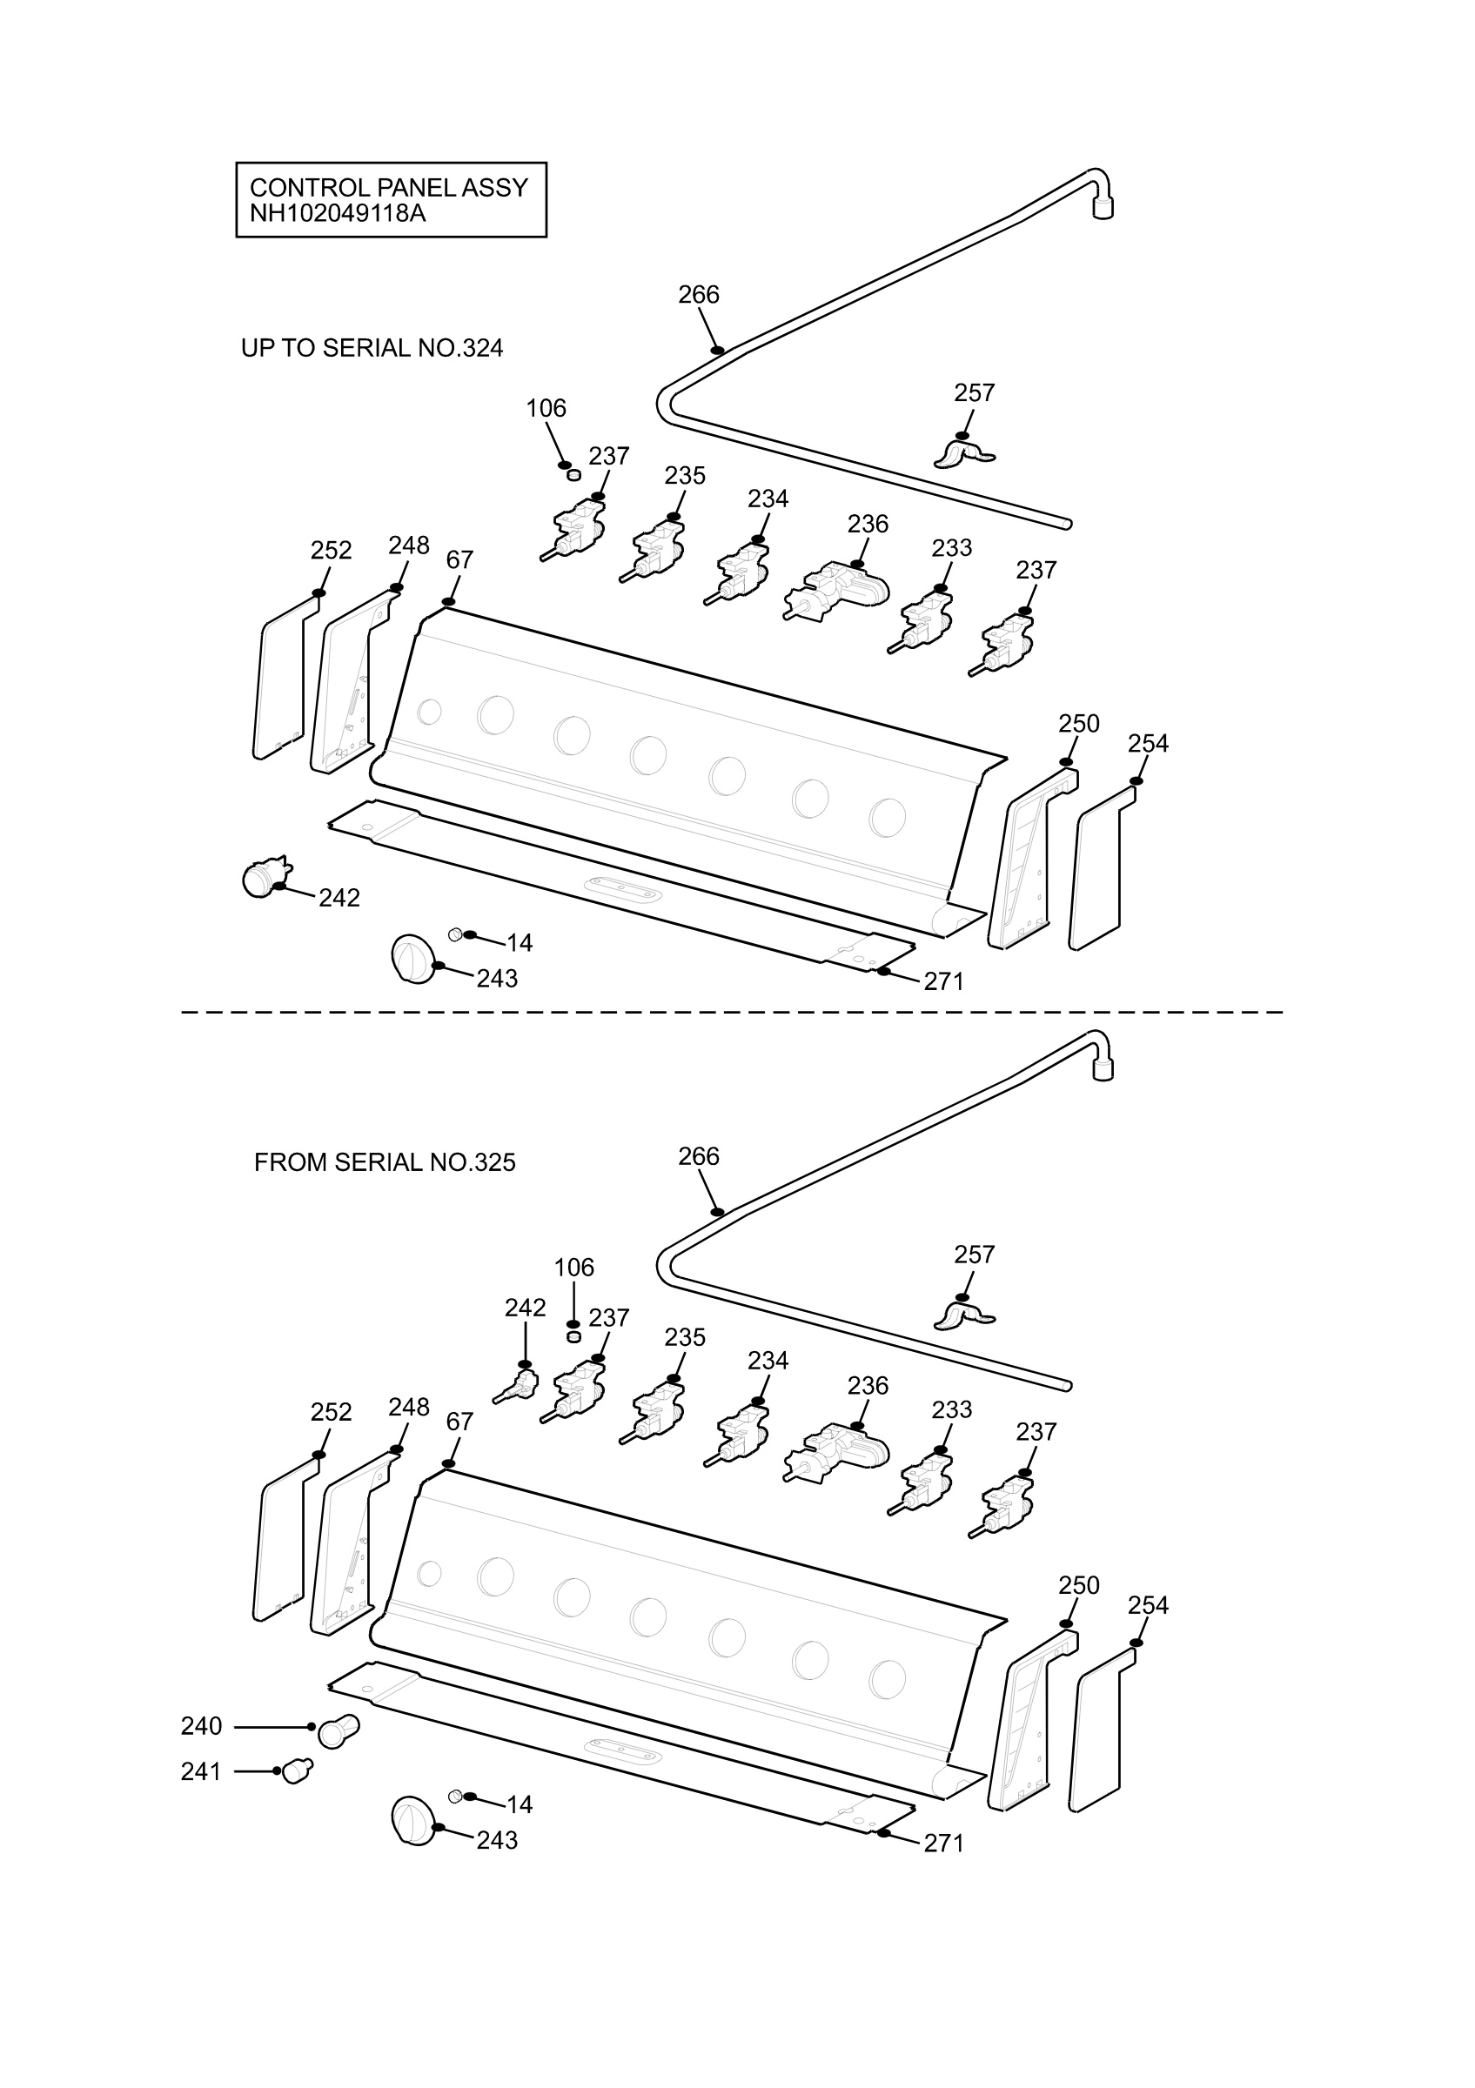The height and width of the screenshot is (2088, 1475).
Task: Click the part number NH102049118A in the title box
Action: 338,214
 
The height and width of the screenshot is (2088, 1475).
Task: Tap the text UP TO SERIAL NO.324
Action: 372,348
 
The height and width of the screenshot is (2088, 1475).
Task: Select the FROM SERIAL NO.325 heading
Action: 385,1162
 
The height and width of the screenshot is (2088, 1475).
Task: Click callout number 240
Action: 202,1725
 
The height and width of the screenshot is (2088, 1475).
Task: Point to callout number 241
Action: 202,1770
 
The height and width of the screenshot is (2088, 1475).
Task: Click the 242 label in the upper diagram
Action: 339,898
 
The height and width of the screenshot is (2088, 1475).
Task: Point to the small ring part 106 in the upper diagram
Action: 573,474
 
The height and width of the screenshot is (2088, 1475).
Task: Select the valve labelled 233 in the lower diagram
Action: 922,1484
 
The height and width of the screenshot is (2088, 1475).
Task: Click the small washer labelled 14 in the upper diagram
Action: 456,934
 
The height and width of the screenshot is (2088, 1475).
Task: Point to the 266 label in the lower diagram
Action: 699,1156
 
